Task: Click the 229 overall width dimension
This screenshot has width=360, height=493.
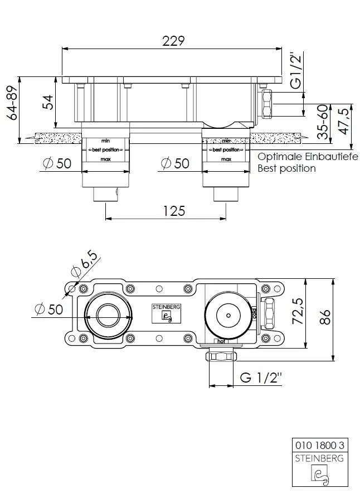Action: click(x=173, y=41)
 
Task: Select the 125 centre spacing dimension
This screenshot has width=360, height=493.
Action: click(x=173, y=211)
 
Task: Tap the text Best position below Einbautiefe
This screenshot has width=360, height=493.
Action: click(x=286, y=168)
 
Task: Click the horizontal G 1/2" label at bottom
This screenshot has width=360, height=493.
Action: click(x=261, y=378)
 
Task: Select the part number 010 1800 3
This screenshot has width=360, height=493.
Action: click(x=318, y=446)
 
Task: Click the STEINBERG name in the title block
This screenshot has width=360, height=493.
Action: click(x=318, y=458)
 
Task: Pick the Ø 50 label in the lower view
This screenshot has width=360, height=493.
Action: click(x=48, y=309)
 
